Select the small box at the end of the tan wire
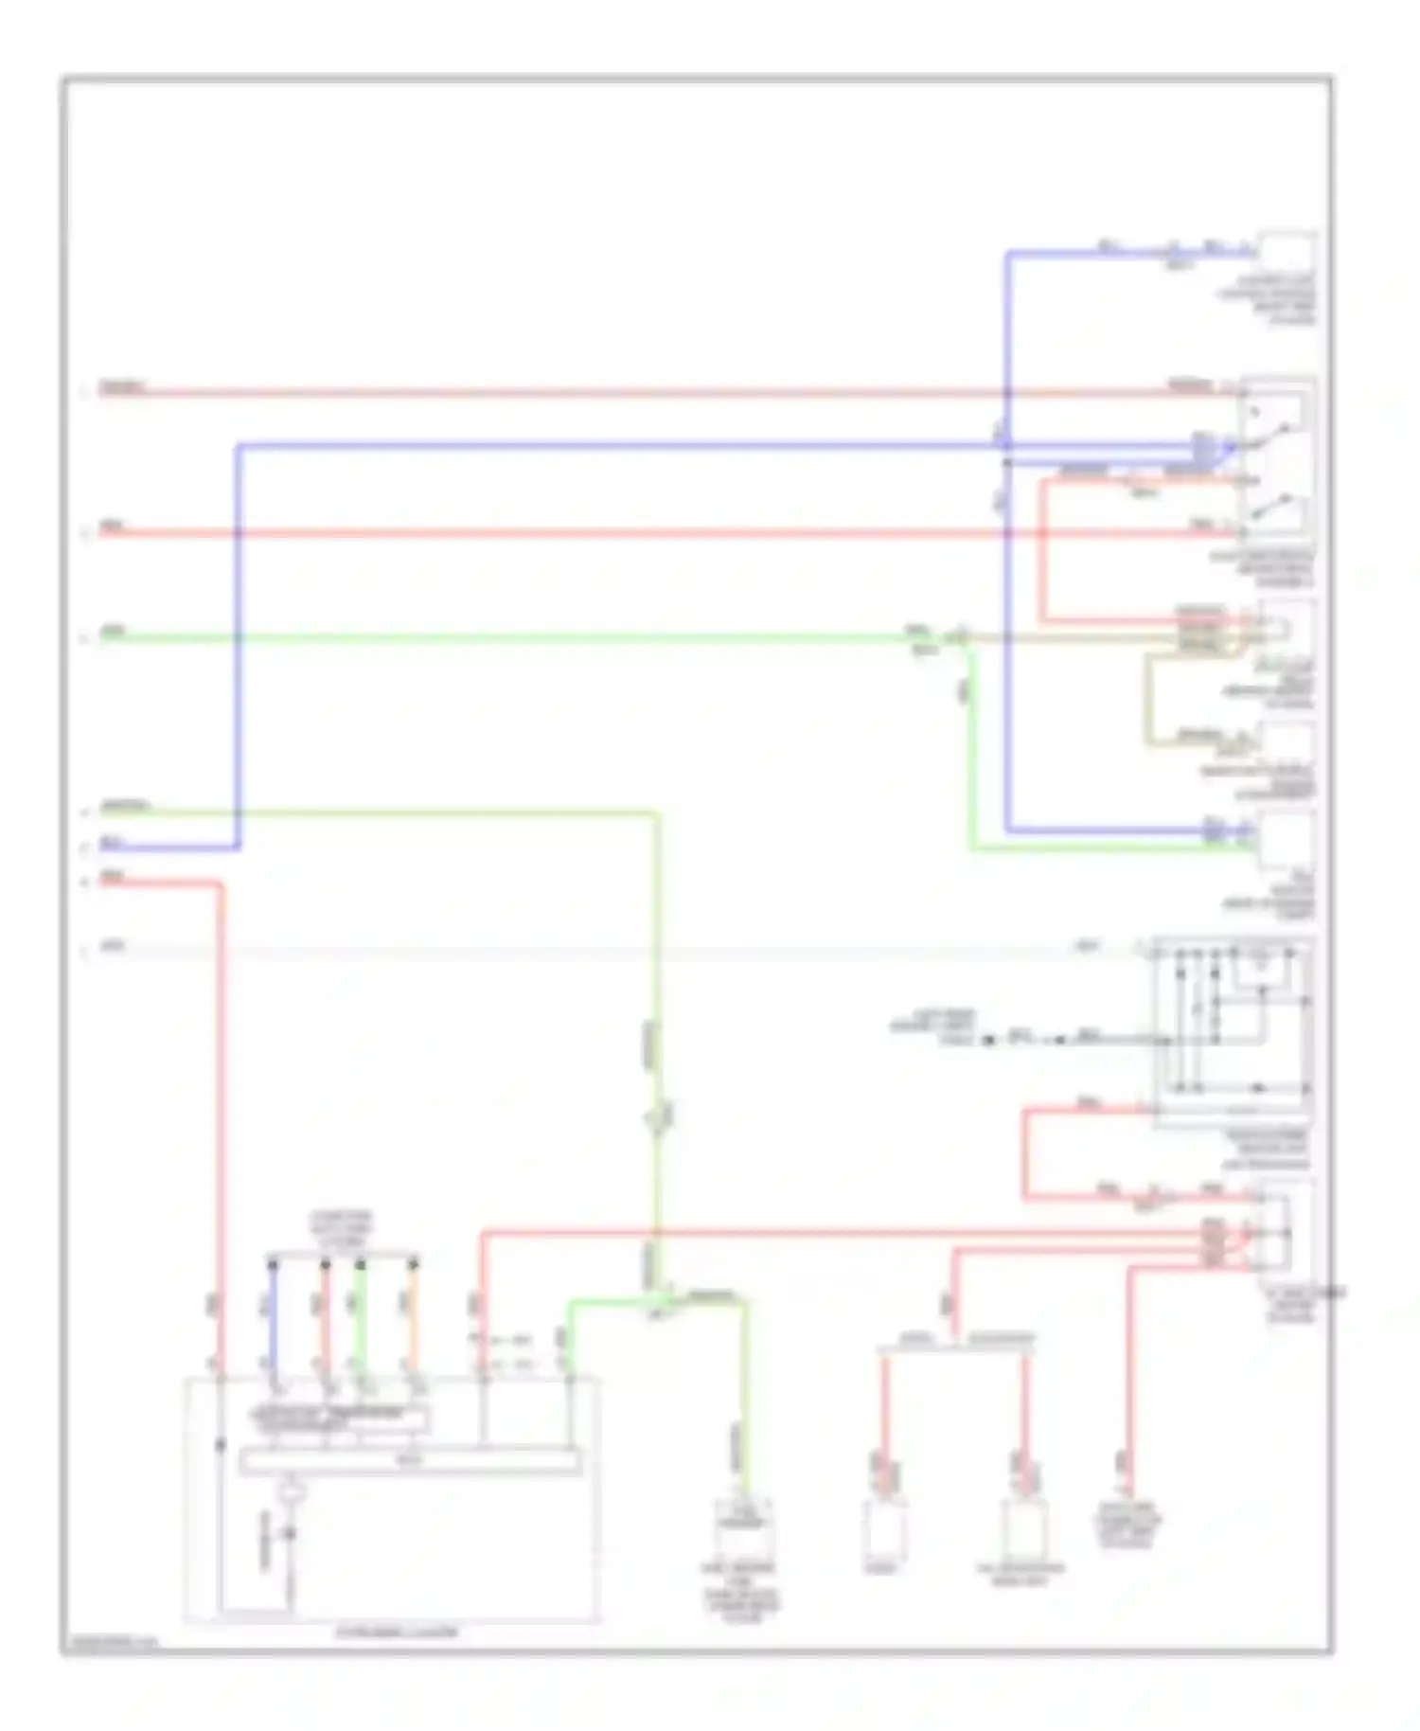point(1286,742)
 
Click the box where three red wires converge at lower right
point(1280,1232)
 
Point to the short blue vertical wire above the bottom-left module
point(273,1316)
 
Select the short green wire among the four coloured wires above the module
point(360,1316)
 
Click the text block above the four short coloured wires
point(344,1228)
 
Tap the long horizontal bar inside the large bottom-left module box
point(409,1461)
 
